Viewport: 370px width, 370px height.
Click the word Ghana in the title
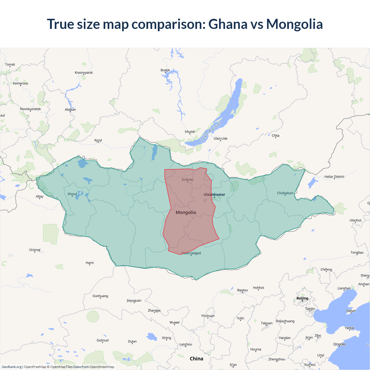click(x=228, y=24)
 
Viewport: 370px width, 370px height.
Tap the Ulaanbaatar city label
click(x=214, y=195)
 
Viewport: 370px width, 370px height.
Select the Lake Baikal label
click(x=211, y=132)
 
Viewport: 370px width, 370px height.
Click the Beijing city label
click(x=302, y=298)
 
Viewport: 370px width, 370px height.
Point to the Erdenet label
click(x=188, y=180)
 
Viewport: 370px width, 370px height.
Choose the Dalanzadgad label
click(x=191, y=253)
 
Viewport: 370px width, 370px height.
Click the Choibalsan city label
click(x=285, y=193)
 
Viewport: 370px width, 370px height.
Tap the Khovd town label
click(x=72, y=194)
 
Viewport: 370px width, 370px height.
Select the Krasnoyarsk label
click(x=84, y=73)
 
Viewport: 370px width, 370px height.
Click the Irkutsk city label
click(x=190, y=132)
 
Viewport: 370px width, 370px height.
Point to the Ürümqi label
click(x=35, y=250)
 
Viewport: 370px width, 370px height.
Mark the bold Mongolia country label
click(x=186, y=212)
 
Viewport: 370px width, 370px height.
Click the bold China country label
click(x=197, y=359)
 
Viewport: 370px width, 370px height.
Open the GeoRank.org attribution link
click(x=12, y=367)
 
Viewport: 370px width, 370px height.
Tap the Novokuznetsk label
click(x=30, y=109)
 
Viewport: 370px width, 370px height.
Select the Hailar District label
click(x=334, y=177)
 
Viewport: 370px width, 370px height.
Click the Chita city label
click(x=275, y=136)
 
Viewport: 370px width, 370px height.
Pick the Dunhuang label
click(x=100, y=296)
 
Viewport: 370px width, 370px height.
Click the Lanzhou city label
click(x=186, y=344)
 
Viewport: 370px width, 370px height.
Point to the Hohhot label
click(x=258, y=288)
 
